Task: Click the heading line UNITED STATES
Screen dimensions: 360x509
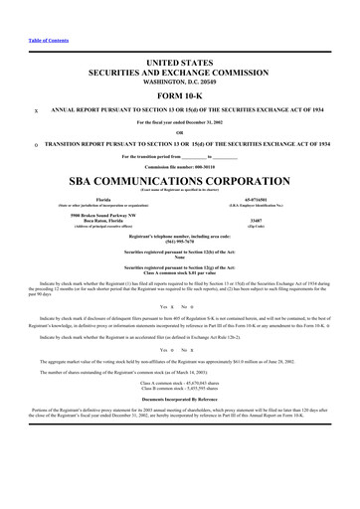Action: [180, 62]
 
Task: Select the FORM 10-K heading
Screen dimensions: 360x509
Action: [180, 94]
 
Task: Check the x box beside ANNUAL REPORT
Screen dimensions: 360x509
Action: [36, 111]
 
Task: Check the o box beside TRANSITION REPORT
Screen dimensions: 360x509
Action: [36, 145]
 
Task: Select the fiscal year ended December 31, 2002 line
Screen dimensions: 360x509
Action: [180, 123]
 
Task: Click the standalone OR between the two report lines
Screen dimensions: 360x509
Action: [180, 134]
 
